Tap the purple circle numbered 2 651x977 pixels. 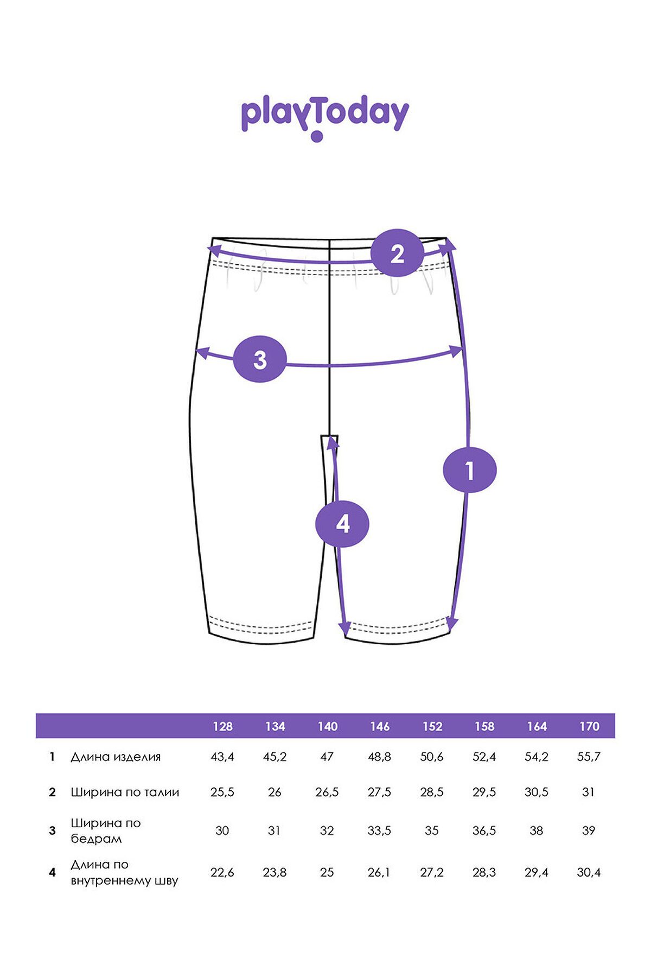397,253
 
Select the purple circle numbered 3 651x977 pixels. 260,359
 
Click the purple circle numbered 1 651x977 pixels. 470,470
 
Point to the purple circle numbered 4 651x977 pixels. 342,524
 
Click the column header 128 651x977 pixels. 222,726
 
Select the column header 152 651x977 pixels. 432,726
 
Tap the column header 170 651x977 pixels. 589,726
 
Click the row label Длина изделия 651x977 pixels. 116,757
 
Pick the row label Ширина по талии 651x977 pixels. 125,792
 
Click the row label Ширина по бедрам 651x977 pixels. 106,830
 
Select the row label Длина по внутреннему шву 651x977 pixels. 124,872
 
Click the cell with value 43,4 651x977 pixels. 222,757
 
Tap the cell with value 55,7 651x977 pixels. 589,757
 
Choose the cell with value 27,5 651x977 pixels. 379,792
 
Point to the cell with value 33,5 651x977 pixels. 379,830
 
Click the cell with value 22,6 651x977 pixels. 222,872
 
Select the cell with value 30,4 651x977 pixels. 589,872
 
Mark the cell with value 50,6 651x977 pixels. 432,757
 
